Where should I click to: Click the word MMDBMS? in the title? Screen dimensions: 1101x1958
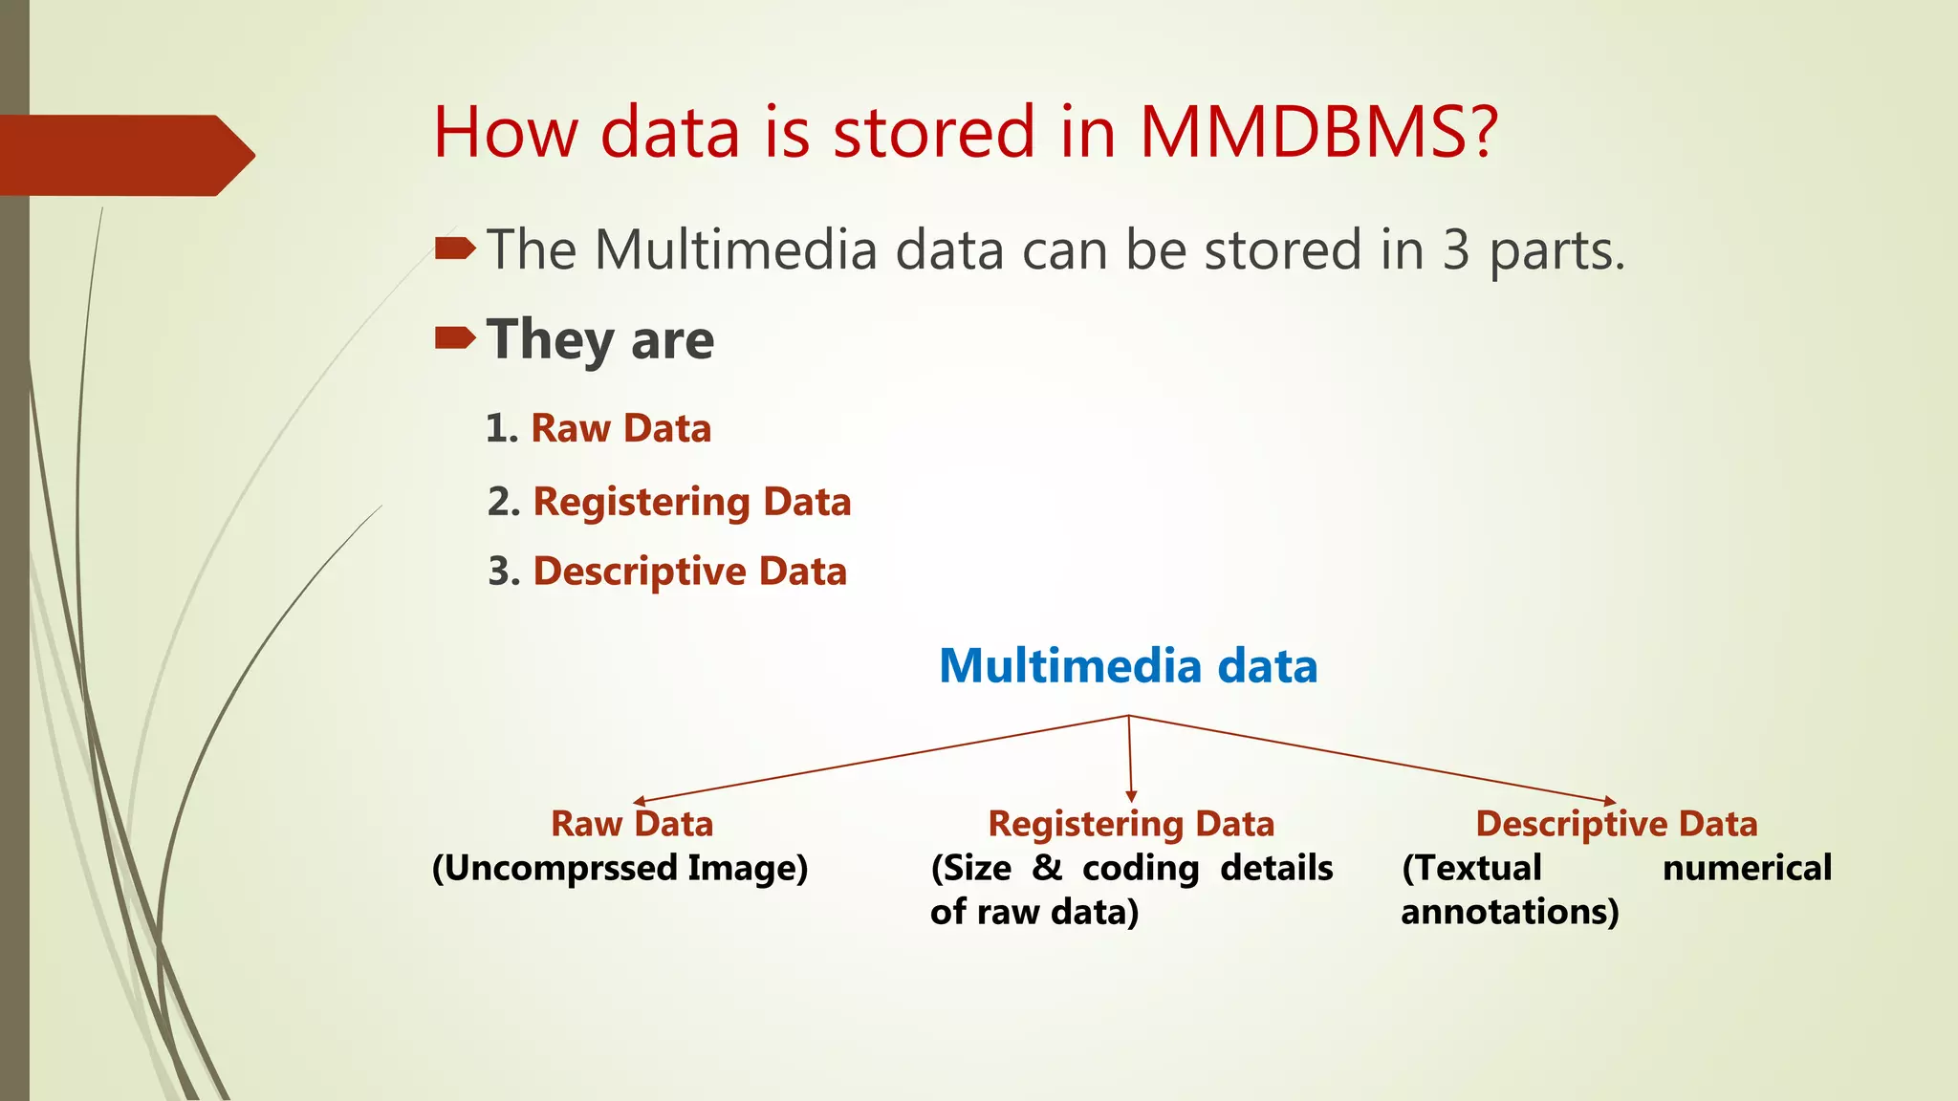pos(1317,132)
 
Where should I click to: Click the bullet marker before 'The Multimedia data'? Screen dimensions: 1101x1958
pos(454,249)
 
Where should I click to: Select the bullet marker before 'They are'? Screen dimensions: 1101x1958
pos(454,337)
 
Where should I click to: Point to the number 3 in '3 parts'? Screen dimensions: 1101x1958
pos(1455,250)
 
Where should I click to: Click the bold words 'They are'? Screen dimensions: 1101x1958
pos(599,340)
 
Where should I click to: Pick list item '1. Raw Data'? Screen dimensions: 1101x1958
pos(598,428)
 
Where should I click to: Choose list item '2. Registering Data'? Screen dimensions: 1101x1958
pos(669,502)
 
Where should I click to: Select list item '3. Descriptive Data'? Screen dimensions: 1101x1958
pos(667,572)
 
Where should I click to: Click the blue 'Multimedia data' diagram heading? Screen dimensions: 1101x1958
pos(1128,666)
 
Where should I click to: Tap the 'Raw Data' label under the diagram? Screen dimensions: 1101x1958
pos(632,824)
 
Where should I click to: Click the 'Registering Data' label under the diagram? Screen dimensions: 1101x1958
pos(1131,824)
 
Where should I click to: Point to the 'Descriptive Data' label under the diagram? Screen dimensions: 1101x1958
pos(1616,824)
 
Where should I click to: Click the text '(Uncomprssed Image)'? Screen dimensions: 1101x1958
pos(620,869)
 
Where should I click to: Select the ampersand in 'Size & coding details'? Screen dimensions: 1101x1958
pos(1047,868)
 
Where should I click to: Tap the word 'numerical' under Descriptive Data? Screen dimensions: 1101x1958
pos(1747,868)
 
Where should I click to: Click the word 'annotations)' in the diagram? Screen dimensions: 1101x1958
pos(1510,912)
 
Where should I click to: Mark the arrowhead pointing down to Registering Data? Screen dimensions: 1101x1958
pos(1131,796)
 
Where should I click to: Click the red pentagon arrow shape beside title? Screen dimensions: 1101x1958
pos(124,155)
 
